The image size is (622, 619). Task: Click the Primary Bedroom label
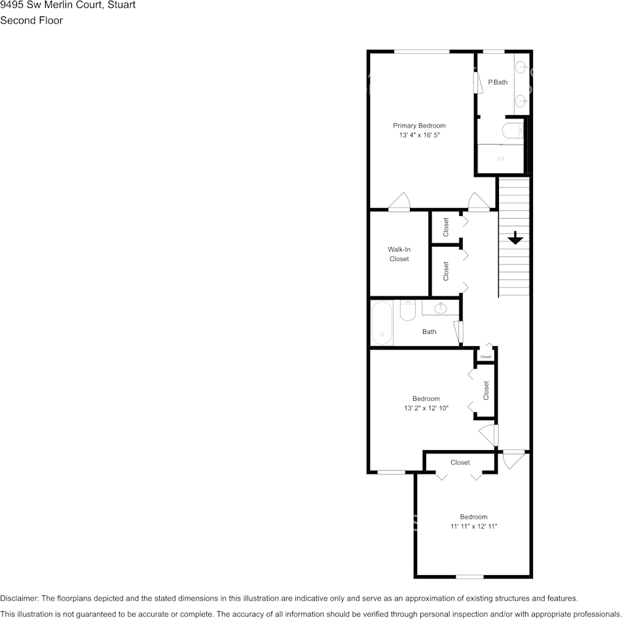419,126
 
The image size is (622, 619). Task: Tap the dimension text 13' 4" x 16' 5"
419,135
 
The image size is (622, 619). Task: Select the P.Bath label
498,82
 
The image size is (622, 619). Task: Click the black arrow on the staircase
515,238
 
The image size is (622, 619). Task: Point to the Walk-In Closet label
399,254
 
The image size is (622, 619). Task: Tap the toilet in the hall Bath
407,310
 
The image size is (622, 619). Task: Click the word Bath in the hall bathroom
429,332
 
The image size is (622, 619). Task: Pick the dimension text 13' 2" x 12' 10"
426,408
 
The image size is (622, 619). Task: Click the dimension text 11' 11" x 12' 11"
473,526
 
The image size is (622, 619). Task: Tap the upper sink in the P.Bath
522,67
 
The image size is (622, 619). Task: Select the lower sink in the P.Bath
522,100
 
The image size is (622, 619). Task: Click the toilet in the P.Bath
511,131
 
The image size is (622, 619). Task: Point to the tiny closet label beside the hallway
485,357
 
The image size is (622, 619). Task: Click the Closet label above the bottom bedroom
460,463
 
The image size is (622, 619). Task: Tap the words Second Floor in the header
31,20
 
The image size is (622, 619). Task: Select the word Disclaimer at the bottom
19,598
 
